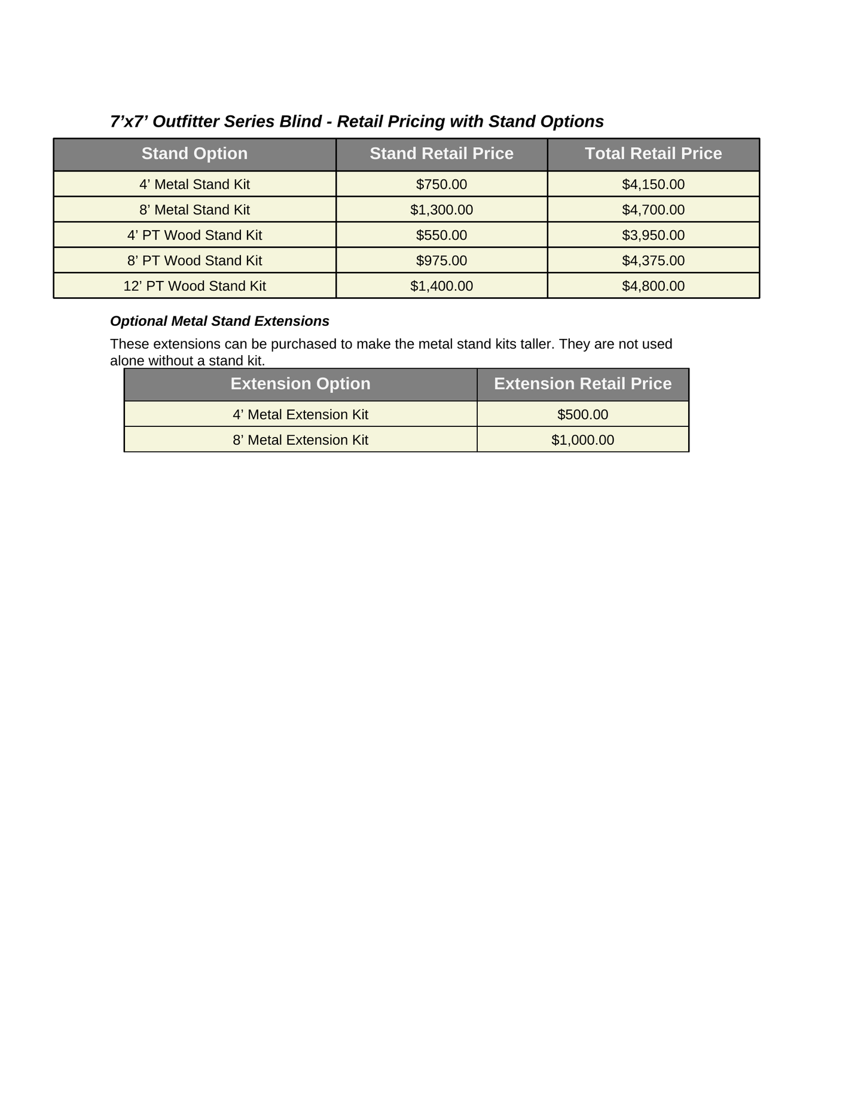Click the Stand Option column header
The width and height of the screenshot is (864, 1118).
tap(194, 154)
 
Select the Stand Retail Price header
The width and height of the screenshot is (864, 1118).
tap(441, 154)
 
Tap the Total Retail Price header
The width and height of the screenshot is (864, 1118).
tap(653, 154)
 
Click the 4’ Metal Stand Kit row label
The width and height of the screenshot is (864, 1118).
tap(194, 184)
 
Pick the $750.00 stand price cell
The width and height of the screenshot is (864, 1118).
tap(441, 184)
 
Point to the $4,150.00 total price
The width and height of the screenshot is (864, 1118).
tap(653, 184)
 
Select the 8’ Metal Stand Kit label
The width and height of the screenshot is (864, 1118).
tap(194, 210)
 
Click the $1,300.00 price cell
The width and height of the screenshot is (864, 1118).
tap(441, 210)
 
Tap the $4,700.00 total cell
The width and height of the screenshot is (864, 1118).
tap(653, 210)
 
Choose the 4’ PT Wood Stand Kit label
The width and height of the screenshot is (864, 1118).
tap(194, 235)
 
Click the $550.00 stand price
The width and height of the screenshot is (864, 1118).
tap(441, 235)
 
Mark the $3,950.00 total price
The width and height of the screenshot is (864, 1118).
tap(653, 235)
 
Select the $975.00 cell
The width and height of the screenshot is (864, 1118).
tap(441, 261)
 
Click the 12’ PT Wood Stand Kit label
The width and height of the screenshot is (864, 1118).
tap(194, 286)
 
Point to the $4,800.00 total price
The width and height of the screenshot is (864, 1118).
tap(653, 286)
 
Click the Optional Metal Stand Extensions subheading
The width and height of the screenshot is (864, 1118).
tap(219, 321)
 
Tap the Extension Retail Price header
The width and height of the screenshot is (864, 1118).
tap(582, 383)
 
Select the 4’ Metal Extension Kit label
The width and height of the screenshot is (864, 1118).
tap(300, 414)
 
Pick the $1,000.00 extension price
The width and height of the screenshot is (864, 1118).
tap(582, 440)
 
